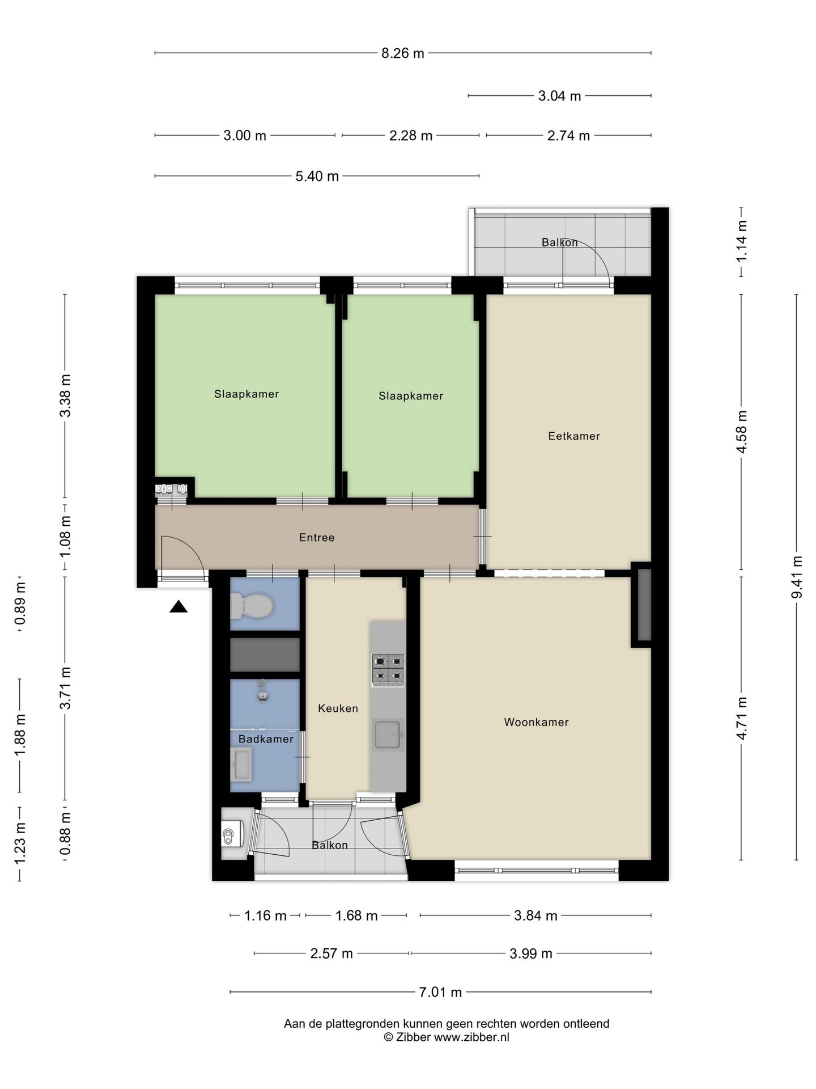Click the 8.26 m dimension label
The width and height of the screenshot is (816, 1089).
402,54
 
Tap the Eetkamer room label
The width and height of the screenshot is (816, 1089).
573,436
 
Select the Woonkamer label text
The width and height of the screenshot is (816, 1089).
536,722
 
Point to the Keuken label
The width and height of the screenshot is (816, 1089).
338,708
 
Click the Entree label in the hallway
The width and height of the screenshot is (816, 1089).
317,538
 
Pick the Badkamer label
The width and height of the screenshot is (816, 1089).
266,739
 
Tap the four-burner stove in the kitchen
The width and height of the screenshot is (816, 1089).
388,670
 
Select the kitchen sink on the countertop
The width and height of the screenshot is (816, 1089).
388,735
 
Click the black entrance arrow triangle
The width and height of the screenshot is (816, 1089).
178,607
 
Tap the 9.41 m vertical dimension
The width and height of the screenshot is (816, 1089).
797,577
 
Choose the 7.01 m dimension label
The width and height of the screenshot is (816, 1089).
440,992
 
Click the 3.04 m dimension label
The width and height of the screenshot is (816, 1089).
559,96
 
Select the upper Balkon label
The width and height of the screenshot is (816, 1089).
559,243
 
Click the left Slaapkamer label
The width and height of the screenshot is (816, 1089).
246,394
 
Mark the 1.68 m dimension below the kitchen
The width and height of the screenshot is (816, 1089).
356,916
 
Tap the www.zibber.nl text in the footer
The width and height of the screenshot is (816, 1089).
471,1037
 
